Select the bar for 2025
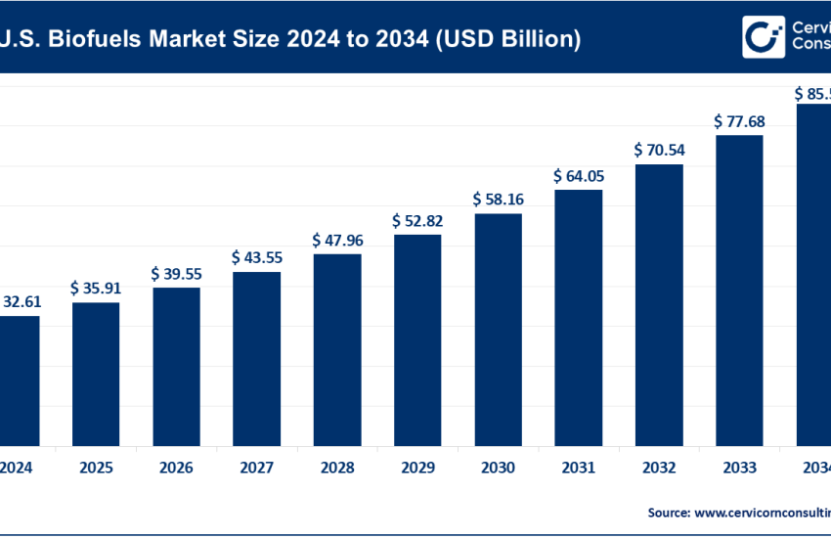tap(95, 374)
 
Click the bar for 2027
tap(256, 358)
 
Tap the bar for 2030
tap(498, 329)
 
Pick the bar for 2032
tap(659, 304)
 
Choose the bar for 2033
tap(739, 290)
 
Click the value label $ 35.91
tap(95, 289)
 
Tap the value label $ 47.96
tap(337, 240)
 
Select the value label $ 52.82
tap(417, 220)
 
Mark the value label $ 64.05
tap(579, 176)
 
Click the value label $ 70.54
tap(659, 151)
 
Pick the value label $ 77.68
tap(739, 121)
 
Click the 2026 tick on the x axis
tap(176, 468)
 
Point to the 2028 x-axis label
tap(337, 468)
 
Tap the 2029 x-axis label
tap(417, 468)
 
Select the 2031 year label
tap(579, 468)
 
